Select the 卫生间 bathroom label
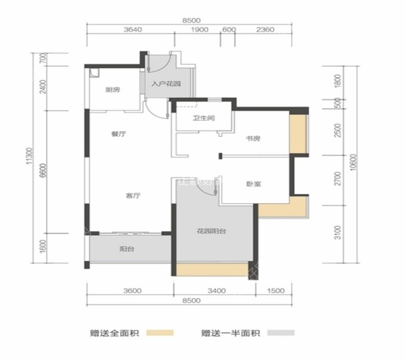tap(204, 119)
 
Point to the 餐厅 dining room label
tap(119, 134)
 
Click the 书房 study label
tap(253, 138)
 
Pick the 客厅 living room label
tap(132, 196)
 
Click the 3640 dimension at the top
tap(136, 29)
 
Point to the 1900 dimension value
tap(199, 29)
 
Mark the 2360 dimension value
tap(265, 29)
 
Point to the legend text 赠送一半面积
tap(231, 332)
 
